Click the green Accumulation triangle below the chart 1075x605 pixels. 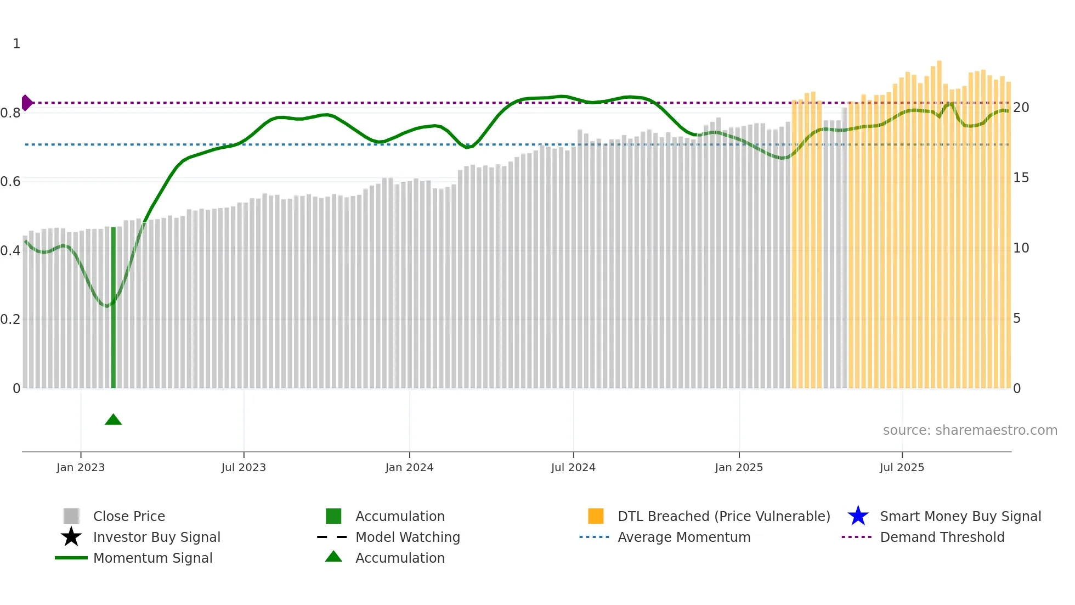(113, 420)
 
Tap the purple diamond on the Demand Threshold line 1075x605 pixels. (26, 103)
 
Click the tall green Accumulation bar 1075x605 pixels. (114, 307)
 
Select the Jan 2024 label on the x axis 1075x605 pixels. (409, 467)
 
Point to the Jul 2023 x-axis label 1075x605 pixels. (244, 467)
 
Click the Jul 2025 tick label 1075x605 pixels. (902, 467)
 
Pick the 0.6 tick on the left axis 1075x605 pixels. (10, 182)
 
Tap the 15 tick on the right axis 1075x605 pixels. (1021, 178)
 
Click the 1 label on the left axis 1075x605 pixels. (16, 44)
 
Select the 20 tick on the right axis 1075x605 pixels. (1021, 108)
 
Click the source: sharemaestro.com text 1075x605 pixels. (970, 430)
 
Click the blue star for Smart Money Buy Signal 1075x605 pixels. (858, 516)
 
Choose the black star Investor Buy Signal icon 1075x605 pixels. (71, 537)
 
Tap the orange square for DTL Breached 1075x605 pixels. (596, 516)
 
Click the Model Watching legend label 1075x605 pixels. (408, 537)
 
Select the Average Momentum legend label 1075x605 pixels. (684, 537)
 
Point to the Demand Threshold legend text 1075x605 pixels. (942, 537)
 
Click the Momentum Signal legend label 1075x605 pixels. (152, 558)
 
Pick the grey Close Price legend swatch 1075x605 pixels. (71, 516)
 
